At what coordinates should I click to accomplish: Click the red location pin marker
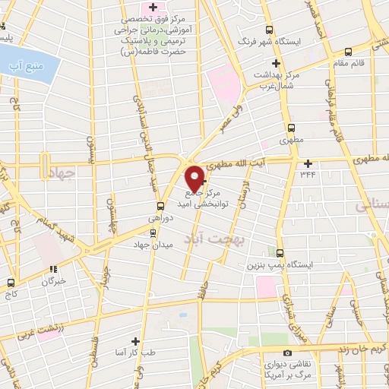click(x=194, y=177)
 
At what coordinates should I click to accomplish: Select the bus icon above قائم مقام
click(x=348, y=52)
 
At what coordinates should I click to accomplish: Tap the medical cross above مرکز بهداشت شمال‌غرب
click(x=260, y=65)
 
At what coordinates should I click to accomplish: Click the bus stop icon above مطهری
click(x=291, y=128)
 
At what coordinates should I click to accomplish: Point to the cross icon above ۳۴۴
click(x=308, y=163)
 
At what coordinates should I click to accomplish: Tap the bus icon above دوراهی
click(x=160, y=206)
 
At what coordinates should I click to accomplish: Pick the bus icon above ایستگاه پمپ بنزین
click(x=280, y=253)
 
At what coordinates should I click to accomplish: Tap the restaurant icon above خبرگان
click(x=52, y=268)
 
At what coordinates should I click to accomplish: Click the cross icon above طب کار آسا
click(x=136, y=341)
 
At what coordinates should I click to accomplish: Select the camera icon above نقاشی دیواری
click(x=287, y=353)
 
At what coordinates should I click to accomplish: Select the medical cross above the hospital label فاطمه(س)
click(x=154, y=8)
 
